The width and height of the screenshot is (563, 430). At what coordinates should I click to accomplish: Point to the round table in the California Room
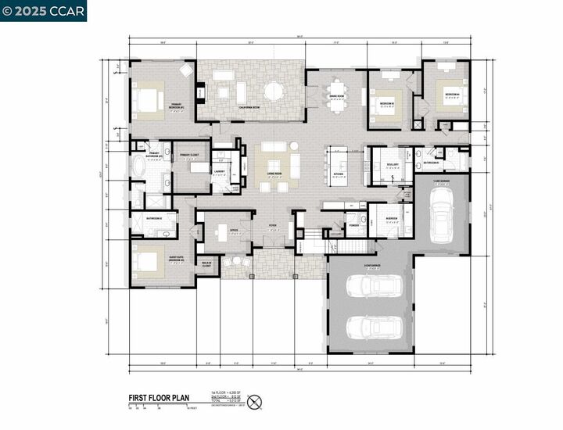coord(274,91)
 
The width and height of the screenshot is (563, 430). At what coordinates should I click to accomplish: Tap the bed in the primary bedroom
coord(148,99)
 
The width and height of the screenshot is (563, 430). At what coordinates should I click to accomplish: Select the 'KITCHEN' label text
coord(339,175)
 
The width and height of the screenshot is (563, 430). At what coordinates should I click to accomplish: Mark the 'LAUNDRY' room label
coord(220,170)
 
